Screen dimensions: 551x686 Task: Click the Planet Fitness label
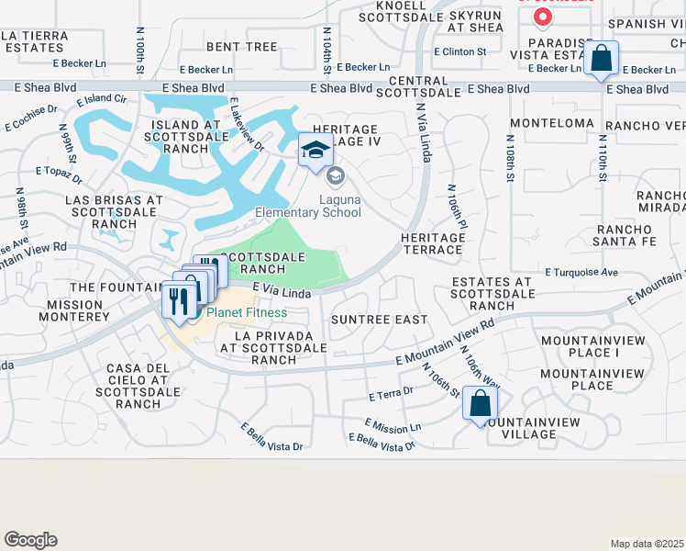click(x=246, y=312)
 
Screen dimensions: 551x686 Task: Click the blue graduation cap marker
click(x=315, y=150)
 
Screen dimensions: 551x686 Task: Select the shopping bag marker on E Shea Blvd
click(x=601, y=58)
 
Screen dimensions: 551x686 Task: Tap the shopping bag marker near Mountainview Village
click(x=480, y=403)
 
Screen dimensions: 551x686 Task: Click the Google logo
click(x=30, y=540)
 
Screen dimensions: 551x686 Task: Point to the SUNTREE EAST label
click(x=380, y=320)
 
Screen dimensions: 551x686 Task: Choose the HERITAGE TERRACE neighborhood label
click(x=432, y=243)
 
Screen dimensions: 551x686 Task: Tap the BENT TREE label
click(x=242, y=46)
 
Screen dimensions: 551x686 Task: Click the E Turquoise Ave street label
click(x=582, y=273)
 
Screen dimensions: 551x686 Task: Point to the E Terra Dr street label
click(x=392, y=394)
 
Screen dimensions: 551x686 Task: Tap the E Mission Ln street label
click(x=393, y=425)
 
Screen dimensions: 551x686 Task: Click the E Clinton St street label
click(x=460, y=52)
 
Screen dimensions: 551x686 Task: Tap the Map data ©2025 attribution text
click(x=647, y=544)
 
